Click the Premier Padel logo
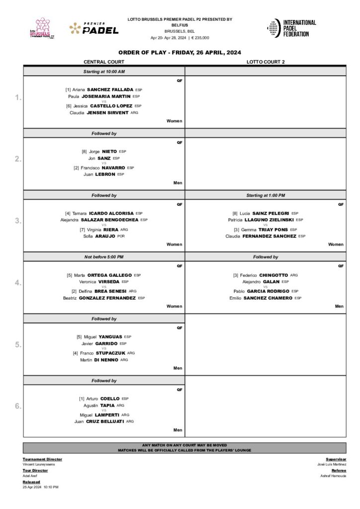pos(94,28)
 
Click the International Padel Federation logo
pos(291,28)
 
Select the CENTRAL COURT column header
pos(104,62)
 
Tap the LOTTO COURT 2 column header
pos(266,62)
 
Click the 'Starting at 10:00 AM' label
pos(104,72)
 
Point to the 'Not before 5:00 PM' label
pos(104,257)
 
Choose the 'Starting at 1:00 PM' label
pos(266,195)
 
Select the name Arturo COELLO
pos(103,399)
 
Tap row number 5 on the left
pos(18,344)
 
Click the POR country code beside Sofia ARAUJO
pos(121,236)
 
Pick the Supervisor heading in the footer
pos(336,459)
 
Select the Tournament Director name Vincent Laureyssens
pos(39,464)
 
